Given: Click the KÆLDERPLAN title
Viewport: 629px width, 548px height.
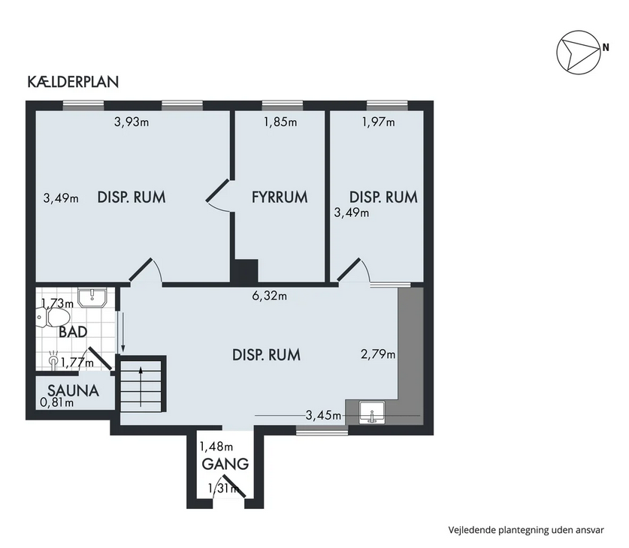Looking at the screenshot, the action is [73, 82].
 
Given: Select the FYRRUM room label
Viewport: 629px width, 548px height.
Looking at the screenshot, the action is [280, 197].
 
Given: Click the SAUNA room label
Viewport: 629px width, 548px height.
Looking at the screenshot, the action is [74, 390].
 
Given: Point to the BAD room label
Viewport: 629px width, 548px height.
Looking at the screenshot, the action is [73, 332].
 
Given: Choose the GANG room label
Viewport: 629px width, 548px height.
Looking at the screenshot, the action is [225, 464].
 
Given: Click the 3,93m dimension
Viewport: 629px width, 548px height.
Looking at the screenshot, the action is [132, 122].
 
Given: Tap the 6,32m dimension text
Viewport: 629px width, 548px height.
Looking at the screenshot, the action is [269, 296].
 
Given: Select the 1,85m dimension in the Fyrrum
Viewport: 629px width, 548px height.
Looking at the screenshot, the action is [280, 122].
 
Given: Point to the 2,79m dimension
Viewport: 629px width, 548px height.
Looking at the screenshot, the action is [378, 354].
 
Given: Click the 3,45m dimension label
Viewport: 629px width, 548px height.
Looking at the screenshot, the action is [323, 415].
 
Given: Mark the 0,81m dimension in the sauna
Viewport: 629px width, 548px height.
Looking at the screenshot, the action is [57, 402].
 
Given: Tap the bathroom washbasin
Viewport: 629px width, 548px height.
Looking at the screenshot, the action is [92, 297].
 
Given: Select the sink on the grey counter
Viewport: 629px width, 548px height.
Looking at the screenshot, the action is [372, 413].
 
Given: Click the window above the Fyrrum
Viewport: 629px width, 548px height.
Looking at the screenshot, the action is [283, 105].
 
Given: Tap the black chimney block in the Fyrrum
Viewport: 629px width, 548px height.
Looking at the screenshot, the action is [244, 271].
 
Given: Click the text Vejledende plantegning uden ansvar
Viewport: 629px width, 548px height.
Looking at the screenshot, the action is [526, 530].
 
